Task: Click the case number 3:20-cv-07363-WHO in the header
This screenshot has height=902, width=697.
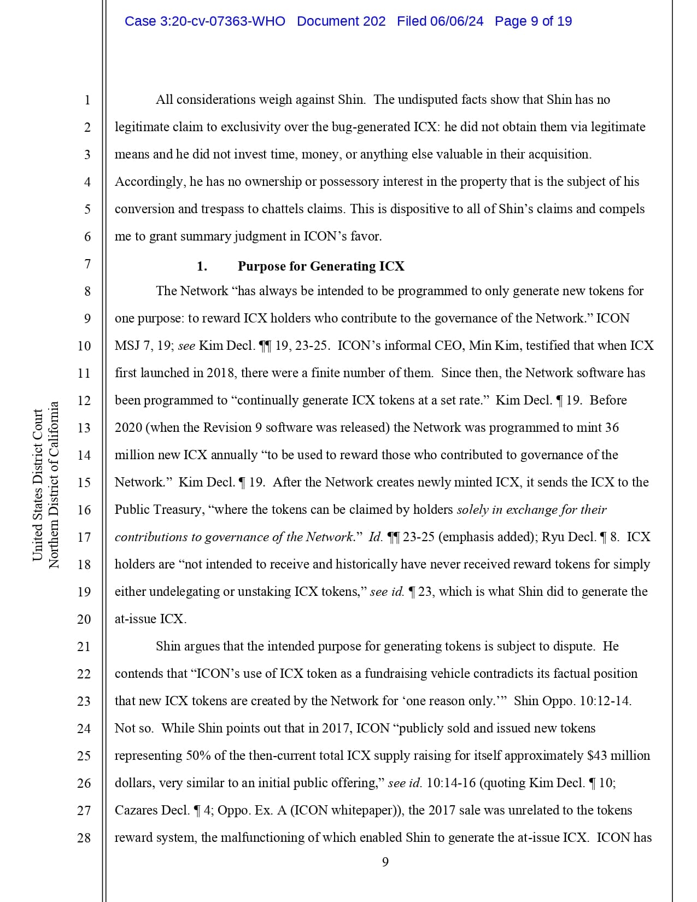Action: point(205,21)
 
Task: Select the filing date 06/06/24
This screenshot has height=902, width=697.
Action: point(456,21)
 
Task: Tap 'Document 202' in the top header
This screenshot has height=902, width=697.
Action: point(341,21)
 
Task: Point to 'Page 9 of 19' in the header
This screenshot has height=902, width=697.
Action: point(533,21)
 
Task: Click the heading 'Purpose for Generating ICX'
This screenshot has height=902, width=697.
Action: point(321,266)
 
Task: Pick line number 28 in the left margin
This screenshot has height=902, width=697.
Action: point(84,837)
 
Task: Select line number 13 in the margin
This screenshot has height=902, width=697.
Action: point(84,427)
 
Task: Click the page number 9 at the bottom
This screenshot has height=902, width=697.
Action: point(385,862)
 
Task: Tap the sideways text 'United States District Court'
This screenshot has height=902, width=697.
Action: point(38,485)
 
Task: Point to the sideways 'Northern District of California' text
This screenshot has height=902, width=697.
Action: point(54,485)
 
